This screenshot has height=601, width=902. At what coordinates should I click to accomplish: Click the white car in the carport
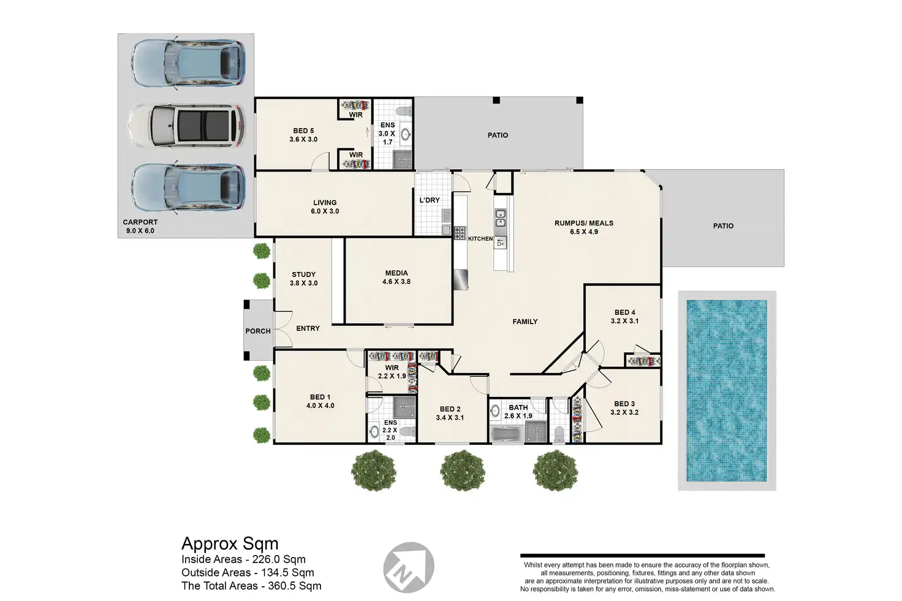point(186,126)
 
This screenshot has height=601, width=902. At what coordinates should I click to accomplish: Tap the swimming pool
point(727,390)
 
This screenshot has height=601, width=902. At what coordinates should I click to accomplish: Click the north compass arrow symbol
point(408,567)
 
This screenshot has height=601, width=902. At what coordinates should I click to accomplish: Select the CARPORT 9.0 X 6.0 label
point(140,226)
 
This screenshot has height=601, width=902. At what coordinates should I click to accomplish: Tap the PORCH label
point(258,331)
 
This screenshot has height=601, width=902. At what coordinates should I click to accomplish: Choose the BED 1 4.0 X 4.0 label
point(320,401)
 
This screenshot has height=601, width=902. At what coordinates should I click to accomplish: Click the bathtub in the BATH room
point(507,435)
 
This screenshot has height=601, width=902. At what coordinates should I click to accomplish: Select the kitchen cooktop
point(460,233)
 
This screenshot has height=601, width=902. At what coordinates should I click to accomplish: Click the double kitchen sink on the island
point(501,217)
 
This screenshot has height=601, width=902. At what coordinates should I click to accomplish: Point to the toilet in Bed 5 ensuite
point(403,111)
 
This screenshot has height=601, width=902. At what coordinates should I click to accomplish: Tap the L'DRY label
point(430,200)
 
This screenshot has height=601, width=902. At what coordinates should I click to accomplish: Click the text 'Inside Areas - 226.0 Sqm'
point(243,559)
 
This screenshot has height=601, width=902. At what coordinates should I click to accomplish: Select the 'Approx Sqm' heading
point(230,543)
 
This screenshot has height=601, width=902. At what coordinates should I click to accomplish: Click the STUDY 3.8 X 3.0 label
point(303,279)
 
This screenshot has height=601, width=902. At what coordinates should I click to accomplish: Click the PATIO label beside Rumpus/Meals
point(723,226)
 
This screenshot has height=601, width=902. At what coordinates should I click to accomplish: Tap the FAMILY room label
point(525,322)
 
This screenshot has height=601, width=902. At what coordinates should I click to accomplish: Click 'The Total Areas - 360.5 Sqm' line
point(251,586)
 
